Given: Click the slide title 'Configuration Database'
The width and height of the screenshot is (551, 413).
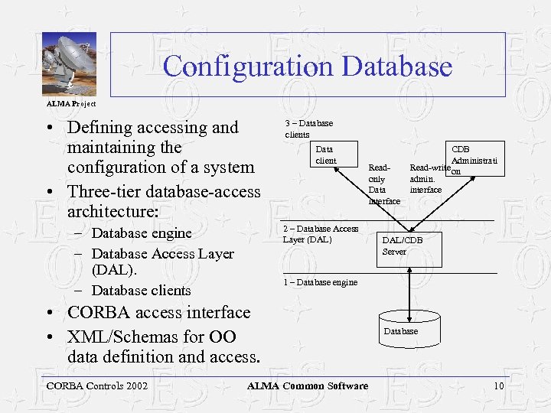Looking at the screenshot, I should (x=308, y=66).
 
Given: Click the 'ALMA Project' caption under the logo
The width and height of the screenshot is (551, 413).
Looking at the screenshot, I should (x=71, y=103).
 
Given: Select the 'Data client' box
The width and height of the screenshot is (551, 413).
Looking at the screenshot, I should (x=326, y=154).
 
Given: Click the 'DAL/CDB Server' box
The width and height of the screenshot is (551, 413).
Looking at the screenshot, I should (x=403, y=246).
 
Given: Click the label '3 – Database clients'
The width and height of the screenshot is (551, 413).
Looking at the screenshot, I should (x=308, y=128).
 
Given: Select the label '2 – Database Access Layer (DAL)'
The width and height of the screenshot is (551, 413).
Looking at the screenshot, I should (x=320, y=234).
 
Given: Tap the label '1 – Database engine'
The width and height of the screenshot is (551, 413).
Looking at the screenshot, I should (x=320, y=282).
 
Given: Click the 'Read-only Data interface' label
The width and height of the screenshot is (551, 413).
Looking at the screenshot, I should (x=383, y=184).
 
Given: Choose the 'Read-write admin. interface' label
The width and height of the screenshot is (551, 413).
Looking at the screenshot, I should (x=429, y=178).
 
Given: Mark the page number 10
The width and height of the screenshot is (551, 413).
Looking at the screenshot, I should (x=498, y=385).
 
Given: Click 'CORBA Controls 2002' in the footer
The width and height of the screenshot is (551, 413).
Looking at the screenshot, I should (x=96, y=385).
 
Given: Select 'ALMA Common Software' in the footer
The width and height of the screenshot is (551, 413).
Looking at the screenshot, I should (x=307, y=385).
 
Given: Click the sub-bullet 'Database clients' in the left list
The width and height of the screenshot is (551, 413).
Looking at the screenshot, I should (x=141, y=291).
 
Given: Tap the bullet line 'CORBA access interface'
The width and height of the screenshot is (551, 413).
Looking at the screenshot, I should (x=158, y=313).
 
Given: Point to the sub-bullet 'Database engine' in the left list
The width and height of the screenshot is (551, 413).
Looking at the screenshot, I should (x=141, y=233).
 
